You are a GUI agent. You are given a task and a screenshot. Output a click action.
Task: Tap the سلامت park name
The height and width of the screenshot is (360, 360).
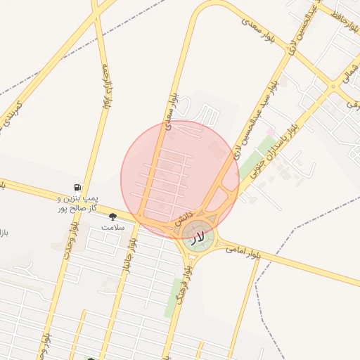(112, 228)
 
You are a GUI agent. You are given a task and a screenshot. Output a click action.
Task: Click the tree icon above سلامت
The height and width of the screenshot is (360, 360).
(112, 217)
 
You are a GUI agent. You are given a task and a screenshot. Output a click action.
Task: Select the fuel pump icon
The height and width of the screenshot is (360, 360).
(76, 188)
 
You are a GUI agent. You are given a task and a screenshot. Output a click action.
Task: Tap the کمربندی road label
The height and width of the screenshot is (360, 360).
(11, 114)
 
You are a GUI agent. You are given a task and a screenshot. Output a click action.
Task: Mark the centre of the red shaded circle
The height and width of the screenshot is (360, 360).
(180, 179)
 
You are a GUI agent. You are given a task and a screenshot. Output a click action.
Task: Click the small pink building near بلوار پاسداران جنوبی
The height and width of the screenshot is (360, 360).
(270, 131)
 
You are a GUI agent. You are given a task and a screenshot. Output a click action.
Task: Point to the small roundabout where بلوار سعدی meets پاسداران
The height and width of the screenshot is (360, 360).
(333, 87)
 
